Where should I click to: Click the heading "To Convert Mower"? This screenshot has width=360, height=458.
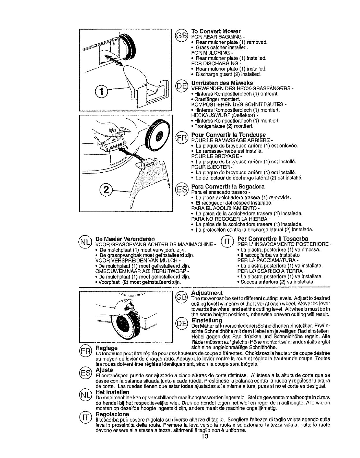pos(216,31)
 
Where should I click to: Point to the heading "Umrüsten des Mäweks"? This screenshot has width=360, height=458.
pos(222,83)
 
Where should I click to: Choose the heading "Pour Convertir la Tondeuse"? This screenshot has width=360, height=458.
pos(228,135)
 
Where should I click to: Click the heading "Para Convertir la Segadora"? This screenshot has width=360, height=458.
pos(228,186)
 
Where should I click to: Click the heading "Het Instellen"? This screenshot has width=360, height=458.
pos(112,392)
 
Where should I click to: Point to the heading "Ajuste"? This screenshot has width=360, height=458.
pos(104,370)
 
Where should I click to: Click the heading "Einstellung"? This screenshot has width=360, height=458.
pos(207,321)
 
